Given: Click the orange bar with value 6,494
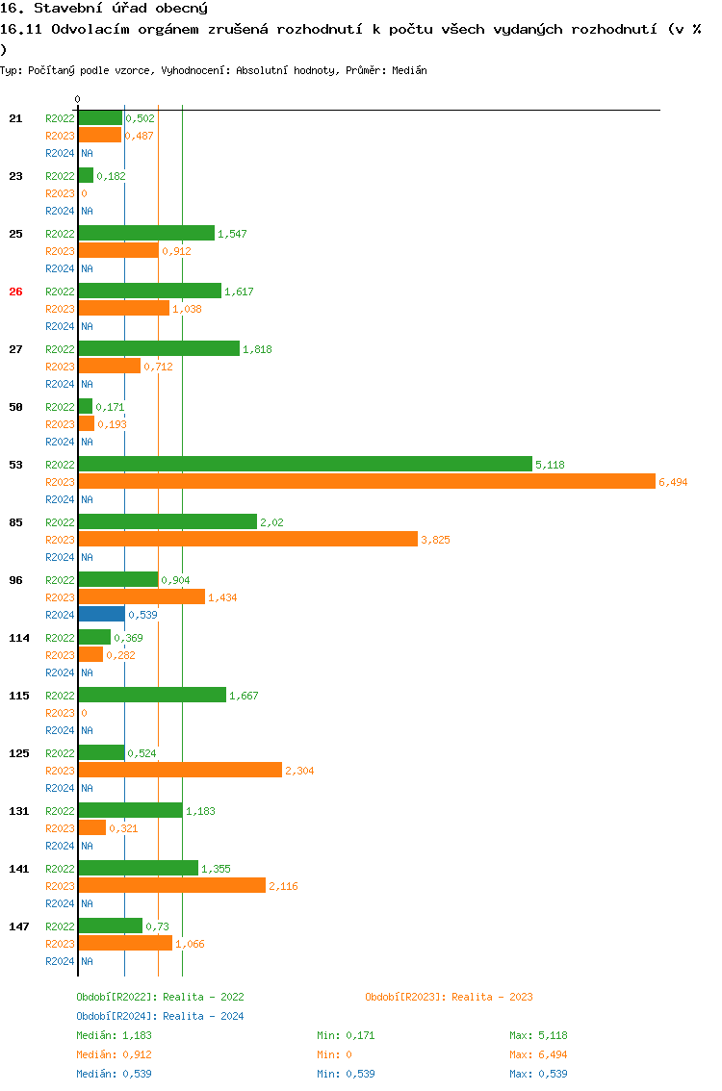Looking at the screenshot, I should (366, 482).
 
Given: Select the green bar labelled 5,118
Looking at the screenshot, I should (304, 465).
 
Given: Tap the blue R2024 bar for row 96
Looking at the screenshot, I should (101, 615).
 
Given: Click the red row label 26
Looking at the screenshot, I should (15, 292).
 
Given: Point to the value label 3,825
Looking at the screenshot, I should (435, 540).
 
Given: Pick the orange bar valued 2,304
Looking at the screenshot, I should (180, 771).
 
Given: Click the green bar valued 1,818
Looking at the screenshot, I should (158, 349).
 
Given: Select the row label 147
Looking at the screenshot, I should (19, 926).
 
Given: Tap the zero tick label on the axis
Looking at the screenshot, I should (78, 99).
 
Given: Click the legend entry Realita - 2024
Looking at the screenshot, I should (160, 1016).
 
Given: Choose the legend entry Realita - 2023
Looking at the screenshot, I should (449, 997).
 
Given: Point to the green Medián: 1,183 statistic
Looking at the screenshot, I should (114, 1035).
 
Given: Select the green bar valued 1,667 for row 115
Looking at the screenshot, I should (152, 696).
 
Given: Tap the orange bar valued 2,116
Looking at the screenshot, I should (171, 886).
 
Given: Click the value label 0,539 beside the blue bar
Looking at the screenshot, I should (142, 615).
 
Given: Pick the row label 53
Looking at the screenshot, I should (15, 465).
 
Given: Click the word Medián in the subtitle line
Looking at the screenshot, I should (410, 70).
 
